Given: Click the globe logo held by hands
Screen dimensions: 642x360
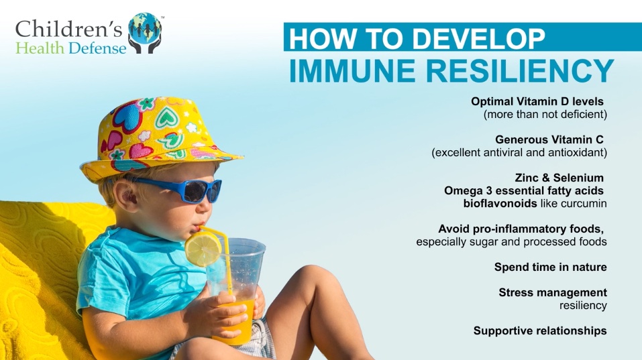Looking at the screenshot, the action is pos(145,33).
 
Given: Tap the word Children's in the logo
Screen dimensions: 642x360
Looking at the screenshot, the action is pos(69,29).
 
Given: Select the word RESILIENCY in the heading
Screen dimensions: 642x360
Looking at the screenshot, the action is pos(520,71).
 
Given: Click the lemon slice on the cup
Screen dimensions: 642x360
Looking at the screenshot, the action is pos(203,249).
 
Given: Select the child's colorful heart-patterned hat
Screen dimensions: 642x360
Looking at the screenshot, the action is pos(158,137).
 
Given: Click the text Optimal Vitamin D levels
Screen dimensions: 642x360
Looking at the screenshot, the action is pos(537,101).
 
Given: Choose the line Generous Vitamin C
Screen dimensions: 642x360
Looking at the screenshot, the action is pos(549,140).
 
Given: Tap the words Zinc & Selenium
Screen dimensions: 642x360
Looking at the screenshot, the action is pos(559,178).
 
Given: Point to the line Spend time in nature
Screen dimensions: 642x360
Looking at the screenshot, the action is pos(550,267).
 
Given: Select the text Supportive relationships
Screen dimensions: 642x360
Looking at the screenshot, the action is pos(540,331).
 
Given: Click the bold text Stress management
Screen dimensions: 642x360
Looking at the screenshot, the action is pos(553,292).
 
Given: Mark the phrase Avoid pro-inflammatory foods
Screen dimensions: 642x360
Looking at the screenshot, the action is pos(521,229).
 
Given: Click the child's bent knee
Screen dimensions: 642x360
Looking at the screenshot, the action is pos(311,278).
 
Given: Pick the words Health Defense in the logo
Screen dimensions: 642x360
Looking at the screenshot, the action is pos(71,48).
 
